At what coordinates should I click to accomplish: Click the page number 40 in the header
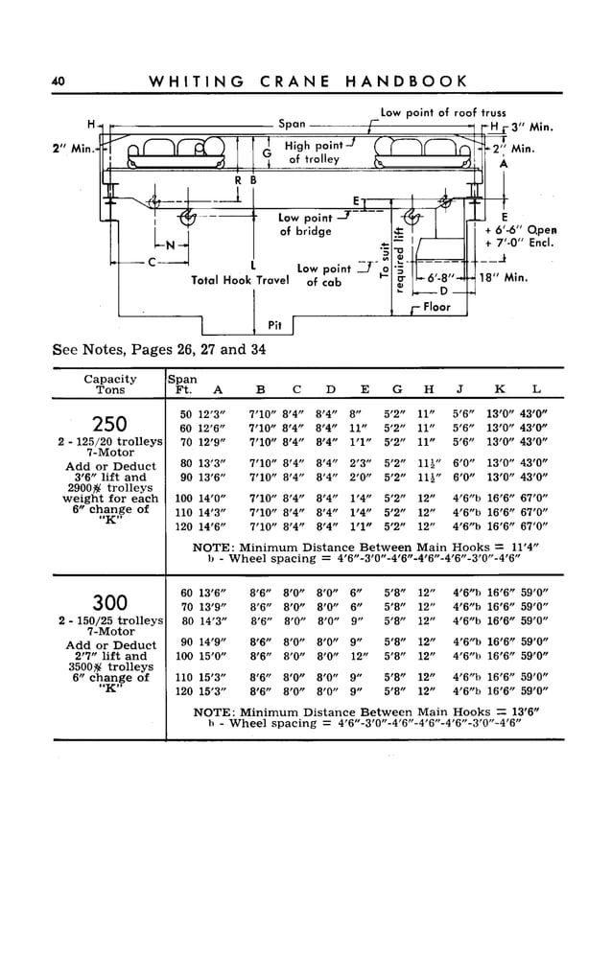pos(59,82)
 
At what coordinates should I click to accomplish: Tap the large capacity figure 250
pos(111,424)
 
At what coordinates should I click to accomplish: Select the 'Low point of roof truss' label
pos(443,112)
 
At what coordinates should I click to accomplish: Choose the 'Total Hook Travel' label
pos(240,280)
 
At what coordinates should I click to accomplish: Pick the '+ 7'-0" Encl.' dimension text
pos(521,245)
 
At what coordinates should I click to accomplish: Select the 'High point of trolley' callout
pos(315,152)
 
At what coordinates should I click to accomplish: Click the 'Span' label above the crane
pos(292,124)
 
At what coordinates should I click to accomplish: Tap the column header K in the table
pos(500,389)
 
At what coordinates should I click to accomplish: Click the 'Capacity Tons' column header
pos(110,385)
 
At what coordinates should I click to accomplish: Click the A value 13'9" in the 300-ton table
pos(211,607)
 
